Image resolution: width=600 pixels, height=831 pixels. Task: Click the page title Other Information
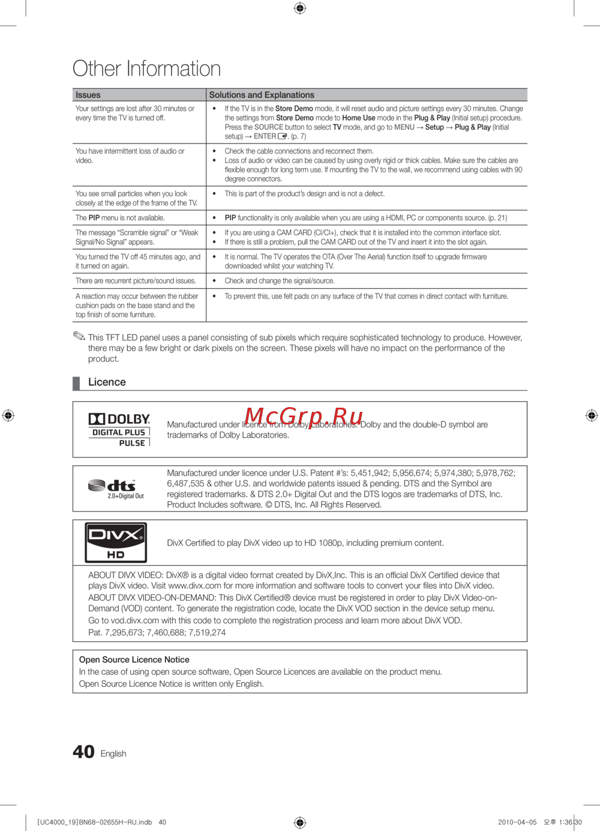pyautogui.click(x=146, y=68)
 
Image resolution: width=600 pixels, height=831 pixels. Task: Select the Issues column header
pyautogui.click(x=88, y=95)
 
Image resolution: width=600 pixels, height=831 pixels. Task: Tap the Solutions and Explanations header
pyautogui.click(x=262, y=95)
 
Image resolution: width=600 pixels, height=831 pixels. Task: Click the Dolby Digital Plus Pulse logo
pyautogui.click(x=119, y=430)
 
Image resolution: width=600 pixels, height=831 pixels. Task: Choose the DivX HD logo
pyautogui.click(x=116, y=542)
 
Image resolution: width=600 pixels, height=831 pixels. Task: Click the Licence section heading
pyautogui.click(x=107, y=382)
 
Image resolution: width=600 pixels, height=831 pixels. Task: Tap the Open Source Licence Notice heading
pyautogui.click(x=134, y=659)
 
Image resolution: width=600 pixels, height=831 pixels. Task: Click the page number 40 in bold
pyautogui.click(x=83, y=752)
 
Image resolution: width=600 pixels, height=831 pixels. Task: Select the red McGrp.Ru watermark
pyautogui.click(x=304, y=417)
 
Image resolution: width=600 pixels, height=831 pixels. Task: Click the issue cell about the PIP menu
pyautogui.click(x=120, y=218)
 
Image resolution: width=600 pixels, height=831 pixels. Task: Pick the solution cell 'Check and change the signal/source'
pyautogui.click(x=280, y=281)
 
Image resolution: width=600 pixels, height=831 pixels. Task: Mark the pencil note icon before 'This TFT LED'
pyautogui.click(x=79, y=336)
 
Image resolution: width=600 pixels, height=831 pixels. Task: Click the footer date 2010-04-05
pyautogui.click(x=517, y=822)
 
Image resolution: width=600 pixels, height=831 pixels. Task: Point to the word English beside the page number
pyautogui.click(x=113, y=754)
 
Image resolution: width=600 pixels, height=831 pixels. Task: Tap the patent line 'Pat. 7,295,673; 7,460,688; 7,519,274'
pyautogui.click(x=157, y=632)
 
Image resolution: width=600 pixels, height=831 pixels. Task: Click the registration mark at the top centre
pyautogui.click(x=300, y=8)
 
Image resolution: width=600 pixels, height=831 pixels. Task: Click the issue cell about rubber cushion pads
pyautogui.click(x=137, y=305)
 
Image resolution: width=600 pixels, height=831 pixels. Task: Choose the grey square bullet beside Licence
pyautogui.click(x=76, y=383)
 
